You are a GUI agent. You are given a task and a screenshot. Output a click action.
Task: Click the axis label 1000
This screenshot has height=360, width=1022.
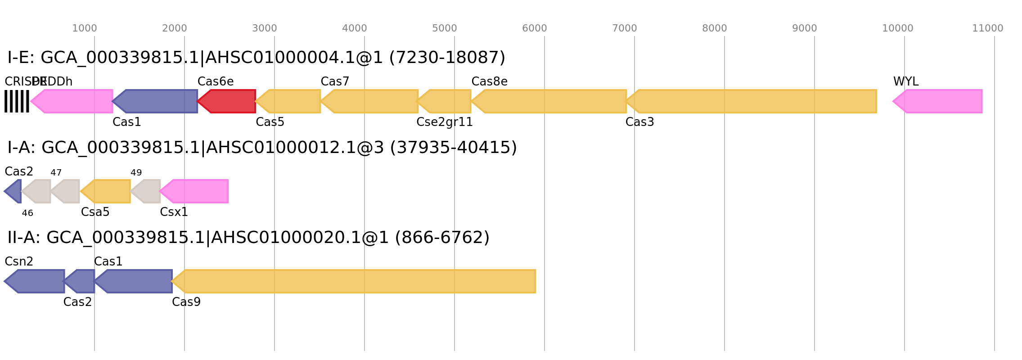pos(85,28)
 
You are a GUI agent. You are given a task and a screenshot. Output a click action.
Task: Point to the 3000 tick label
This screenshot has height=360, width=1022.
pos(265,28)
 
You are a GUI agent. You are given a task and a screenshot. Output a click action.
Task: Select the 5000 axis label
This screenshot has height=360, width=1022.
pos(445,28)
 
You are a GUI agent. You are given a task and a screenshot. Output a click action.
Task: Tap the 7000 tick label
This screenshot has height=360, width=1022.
pos(625,28)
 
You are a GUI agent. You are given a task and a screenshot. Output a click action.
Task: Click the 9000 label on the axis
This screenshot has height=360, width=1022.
pos(805,28)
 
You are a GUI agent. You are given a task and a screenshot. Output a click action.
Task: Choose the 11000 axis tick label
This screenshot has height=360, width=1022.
pos(988,28)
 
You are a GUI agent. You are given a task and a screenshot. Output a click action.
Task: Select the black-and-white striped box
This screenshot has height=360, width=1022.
pos(17,101)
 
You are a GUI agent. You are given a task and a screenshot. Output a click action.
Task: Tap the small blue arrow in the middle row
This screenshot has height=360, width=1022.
pos(14,191)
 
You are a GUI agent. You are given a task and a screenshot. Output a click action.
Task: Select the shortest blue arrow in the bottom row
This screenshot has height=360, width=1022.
pos(81,281)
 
